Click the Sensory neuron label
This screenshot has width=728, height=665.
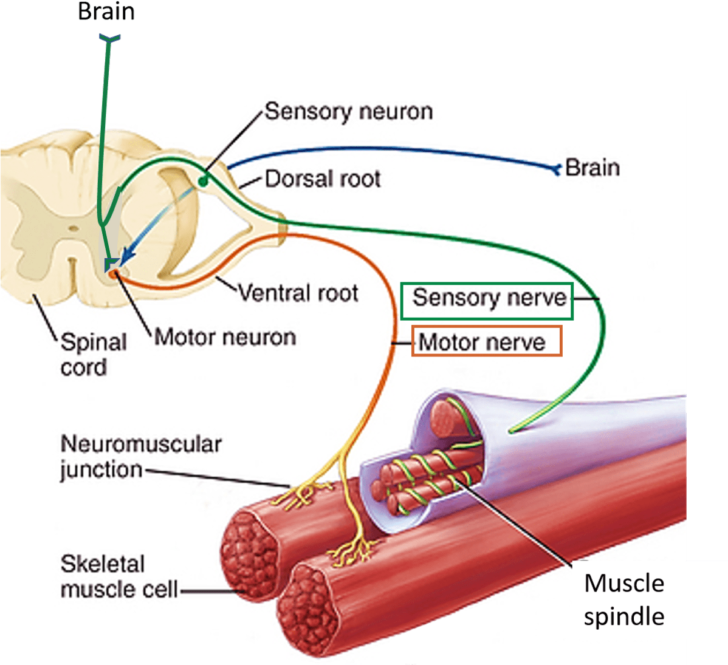point(348,112)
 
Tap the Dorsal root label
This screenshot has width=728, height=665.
point(322,179)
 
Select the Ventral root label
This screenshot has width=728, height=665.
point(298,293)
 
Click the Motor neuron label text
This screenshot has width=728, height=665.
point(225,336)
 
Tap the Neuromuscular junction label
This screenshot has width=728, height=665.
point(140,457)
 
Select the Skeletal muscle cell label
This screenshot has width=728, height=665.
point(119,577)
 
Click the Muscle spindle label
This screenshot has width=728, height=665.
point(623,599)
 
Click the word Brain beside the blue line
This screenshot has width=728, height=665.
point(592,168)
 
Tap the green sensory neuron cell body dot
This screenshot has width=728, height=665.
point(204,180)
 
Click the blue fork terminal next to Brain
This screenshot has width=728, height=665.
point(555,168)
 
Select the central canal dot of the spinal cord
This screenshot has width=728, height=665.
point(73,229)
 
